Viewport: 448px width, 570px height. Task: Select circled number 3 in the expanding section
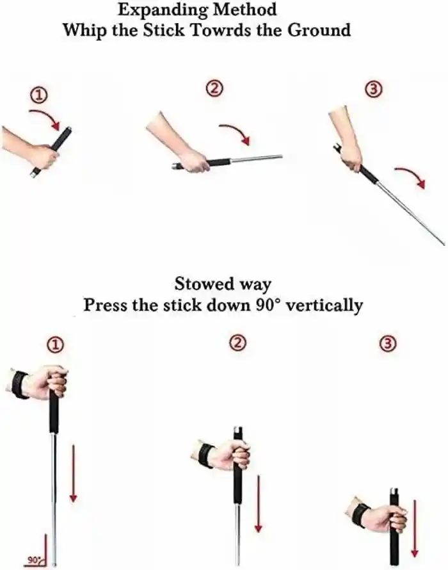[374, 90]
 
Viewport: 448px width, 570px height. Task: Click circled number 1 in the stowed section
[56, 346]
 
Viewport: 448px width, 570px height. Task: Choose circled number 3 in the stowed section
[387, 345]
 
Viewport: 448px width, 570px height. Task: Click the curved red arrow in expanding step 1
[45, 117]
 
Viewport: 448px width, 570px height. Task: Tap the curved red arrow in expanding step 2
[235, 133]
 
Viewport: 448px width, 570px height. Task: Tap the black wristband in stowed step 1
[19, 384]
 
